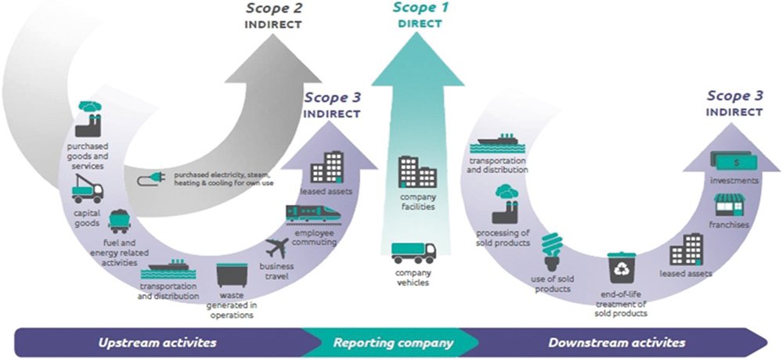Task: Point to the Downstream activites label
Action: pyautogui.click(x=616, y=343)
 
